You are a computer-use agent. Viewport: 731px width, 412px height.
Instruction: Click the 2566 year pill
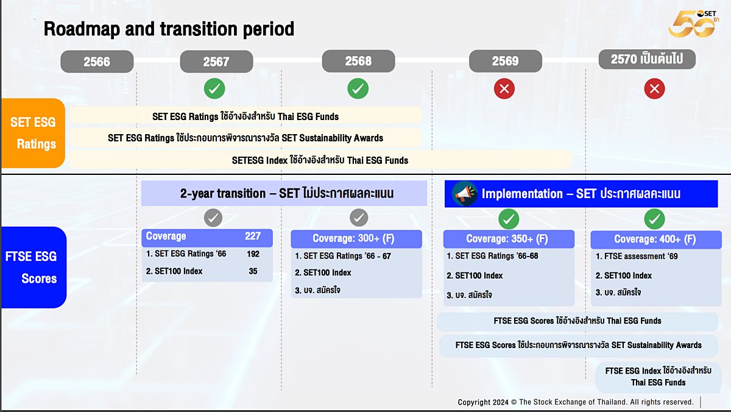pos(97,62)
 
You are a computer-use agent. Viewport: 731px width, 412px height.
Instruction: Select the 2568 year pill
pos(358,61)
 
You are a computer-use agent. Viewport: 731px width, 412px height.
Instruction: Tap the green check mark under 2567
pos(214,88)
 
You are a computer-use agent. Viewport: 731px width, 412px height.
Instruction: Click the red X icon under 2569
pos(504,88)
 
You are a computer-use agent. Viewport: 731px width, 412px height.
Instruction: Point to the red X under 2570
pos(654,88)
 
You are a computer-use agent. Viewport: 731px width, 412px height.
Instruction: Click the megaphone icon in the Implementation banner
pos(465,194)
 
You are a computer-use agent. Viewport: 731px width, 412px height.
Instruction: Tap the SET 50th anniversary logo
pos(693,24)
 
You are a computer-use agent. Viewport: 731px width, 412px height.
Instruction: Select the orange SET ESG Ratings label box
pos(33,133)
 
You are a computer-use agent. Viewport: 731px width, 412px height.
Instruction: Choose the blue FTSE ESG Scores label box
pos(34,268)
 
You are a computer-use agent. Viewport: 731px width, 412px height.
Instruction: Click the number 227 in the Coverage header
pos(253,236)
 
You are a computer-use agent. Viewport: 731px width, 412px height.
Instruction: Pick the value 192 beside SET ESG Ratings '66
pos(253,254)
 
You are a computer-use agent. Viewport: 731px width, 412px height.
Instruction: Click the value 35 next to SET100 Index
pos(253,271)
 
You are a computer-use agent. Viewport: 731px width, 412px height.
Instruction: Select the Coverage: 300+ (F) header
pos(356,239)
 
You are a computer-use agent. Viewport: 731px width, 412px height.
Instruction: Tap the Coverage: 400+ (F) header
pos(656,240)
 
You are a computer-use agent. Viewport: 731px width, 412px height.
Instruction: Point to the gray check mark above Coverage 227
pos(213,218)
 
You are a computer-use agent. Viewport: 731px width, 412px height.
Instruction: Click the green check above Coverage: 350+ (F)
pos(509,219)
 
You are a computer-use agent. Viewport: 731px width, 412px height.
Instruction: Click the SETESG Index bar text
pos(320,160)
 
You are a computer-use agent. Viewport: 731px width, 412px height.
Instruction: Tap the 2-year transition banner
pos(284,193)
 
